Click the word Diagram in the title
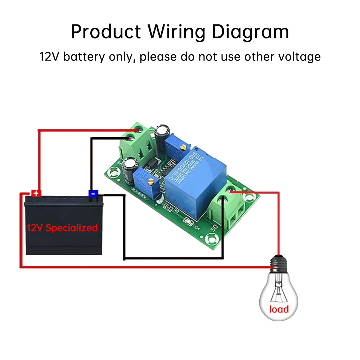click(x=250, y=32)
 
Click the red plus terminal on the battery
click(x=36, y=193)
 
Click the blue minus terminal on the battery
click(x=93, y=193)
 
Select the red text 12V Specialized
click(x=62, y=228)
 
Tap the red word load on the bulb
click(x=279, y=309)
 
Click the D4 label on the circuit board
click(x=197, y=228)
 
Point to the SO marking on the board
click(x=213, y=227)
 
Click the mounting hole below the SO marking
click(x=211, y=238)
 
